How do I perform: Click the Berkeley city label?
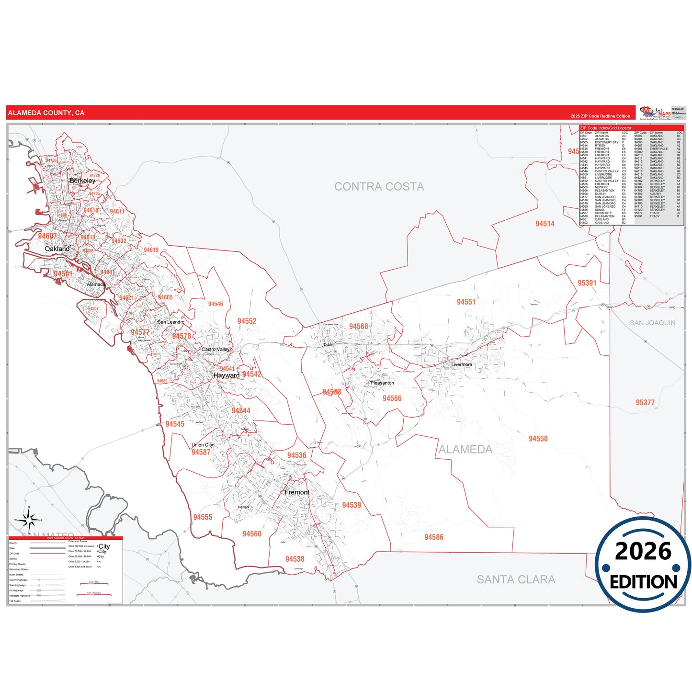82,181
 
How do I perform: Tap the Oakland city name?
57,249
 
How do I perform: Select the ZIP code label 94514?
545,224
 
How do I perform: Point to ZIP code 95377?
645,403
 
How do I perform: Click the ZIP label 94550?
538,439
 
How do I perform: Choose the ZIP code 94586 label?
434,537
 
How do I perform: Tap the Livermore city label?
462,364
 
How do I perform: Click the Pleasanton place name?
382,383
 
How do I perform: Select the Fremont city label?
297,492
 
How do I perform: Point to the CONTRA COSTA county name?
379,187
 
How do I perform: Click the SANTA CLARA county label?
516,579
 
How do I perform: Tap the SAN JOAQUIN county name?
652,323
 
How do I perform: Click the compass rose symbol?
29,520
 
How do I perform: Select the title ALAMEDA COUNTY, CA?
46,113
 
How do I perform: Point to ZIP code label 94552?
247,321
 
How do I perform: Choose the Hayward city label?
227,375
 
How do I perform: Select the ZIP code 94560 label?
252,534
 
